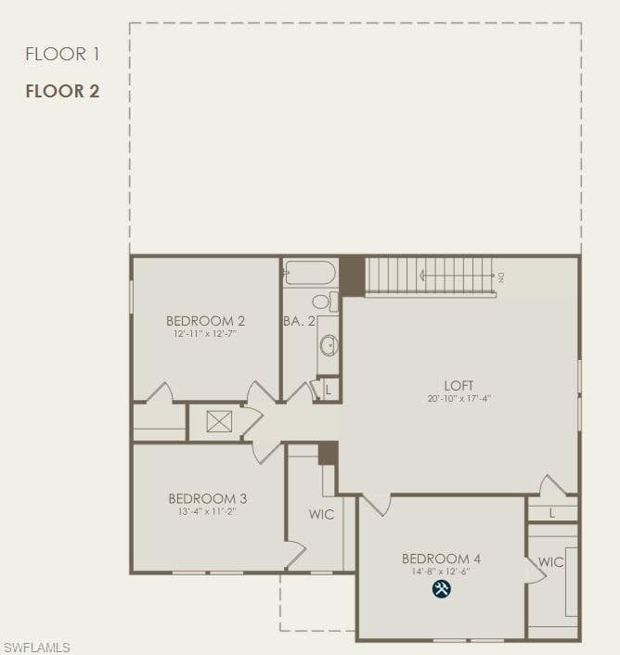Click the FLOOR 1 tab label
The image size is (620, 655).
[63, 55]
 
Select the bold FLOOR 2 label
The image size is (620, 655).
[63, 91]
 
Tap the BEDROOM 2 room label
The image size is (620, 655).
[205, 321]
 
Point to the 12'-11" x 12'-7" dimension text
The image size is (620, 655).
[205, 334]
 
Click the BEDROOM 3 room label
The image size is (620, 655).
[208, 498]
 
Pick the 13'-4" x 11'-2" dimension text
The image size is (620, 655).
[208, 511]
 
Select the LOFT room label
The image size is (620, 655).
[459, 385]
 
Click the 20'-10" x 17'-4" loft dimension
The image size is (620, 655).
[459, 399]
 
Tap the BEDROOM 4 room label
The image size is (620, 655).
[441, 559]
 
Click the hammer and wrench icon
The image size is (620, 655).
[442, 588]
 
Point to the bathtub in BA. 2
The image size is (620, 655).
[310, 273]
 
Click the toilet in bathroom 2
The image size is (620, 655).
[325, 302]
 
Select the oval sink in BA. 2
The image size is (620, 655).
[329, 346]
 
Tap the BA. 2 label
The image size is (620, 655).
[299, 321]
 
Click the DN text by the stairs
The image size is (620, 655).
[501, 277]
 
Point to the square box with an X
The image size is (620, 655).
[219, 421]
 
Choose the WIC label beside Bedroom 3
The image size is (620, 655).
[322, 514]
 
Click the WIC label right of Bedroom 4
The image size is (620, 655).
[551, 562]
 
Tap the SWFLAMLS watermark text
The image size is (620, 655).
[37, 648]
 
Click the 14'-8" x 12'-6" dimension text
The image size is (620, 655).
[441, 572]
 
